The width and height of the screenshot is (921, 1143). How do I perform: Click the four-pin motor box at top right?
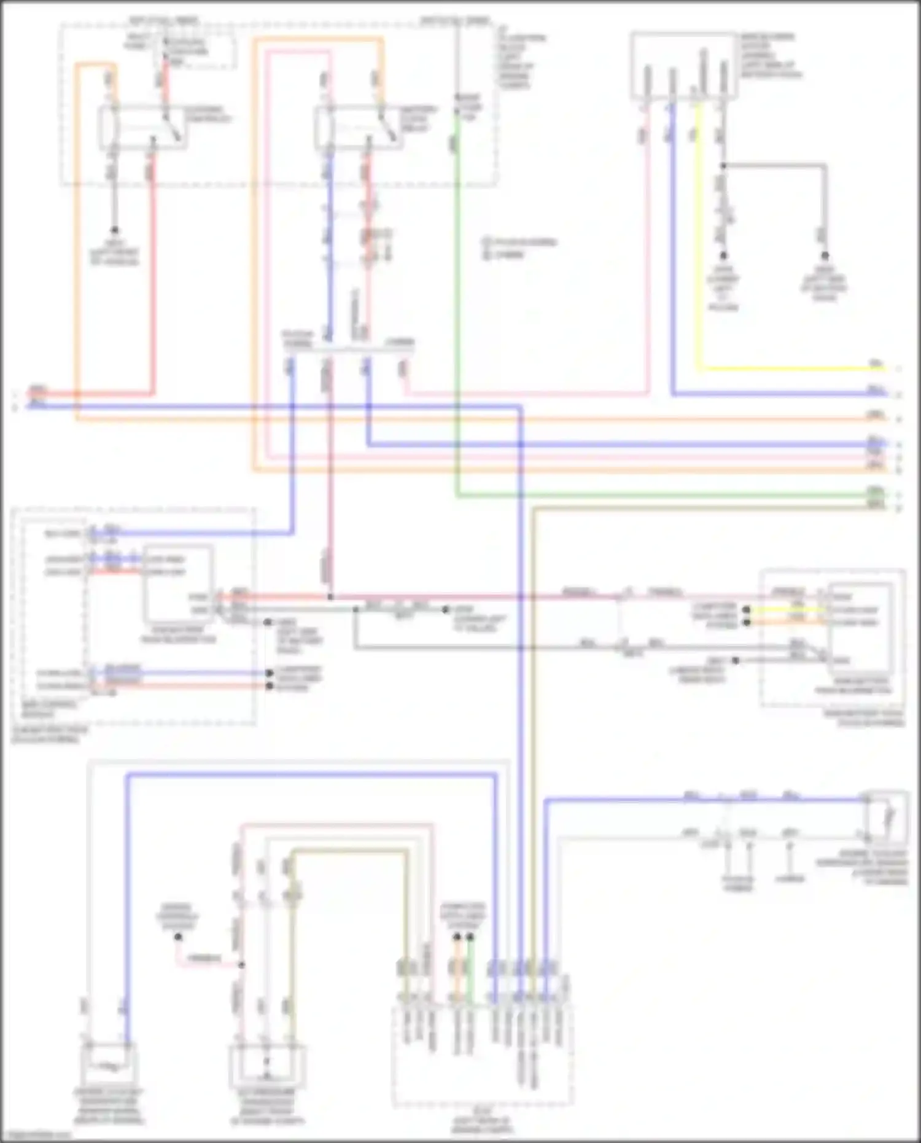(685, 66)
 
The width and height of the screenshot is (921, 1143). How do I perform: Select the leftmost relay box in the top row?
(143, 128)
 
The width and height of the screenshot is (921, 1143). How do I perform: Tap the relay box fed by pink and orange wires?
(359, 128)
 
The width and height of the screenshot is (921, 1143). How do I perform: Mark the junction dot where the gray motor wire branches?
(723, 166)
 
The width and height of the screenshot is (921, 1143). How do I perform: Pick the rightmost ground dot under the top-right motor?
(825, 256)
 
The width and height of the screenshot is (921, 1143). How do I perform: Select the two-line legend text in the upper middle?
(519, 248)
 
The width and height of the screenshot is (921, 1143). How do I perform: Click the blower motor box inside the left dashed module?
(178, 583)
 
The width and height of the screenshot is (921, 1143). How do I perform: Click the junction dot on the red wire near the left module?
(330, 596)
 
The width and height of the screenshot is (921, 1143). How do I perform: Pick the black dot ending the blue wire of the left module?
(269, 673)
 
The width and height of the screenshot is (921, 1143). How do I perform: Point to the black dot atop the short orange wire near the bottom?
(457, 937)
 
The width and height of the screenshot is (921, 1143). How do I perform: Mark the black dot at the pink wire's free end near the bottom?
(178, 937)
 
